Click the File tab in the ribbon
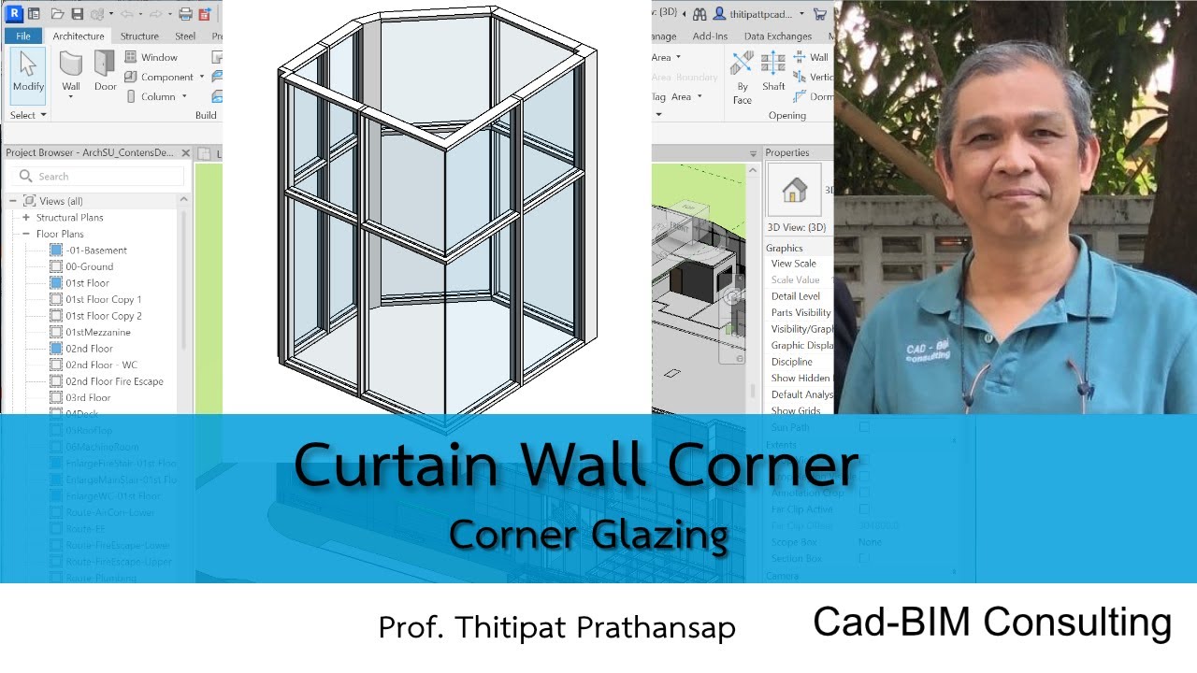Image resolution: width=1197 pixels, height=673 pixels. coord(23,36)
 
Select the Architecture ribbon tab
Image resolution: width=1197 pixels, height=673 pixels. coord(79,36)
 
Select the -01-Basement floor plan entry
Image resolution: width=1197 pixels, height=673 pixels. coord(95,251)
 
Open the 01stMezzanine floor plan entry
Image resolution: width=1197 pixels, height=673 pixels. coord(97,332)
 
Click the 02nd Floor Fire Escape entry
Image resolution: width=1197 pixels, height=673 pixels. coord(114,381)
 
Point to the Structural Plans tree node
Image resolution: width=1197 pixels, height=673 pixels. coord(69,218)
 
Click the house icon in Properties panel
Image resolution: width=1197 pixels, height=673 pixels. coord(794,190)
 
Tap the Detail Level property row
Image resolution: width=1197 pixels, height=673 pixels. coord(796,296)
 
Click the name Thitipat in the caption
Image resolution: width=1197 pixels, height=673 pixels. coord(501,627)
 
